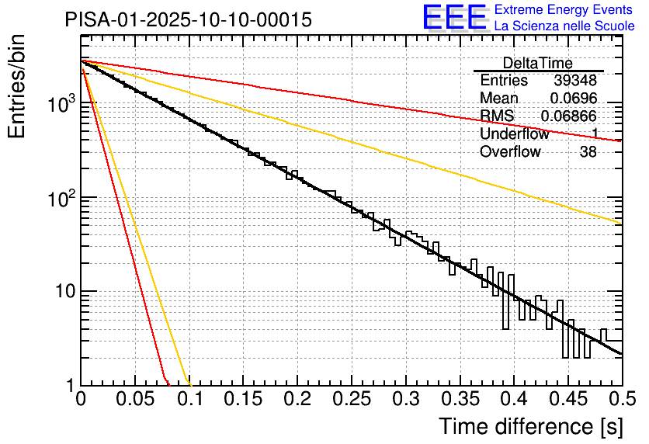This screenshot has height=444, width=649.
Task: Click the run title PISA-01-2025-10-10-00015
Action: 189,19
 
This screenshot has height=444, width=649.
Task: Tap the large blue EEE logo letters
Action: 454,17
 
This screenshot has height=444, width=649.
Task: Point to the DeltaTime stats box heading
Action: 538,63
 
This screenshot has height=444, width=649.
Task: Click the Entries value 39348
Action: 575,81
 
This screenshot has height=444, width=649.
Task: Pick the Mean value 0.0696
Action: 573,99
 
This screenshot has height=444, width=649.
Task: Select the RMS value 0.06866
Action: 569,116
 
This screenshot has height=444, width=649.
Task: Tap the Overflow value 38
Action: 588,152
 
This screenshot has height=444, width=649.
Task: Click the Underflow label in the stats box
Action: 514,134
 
